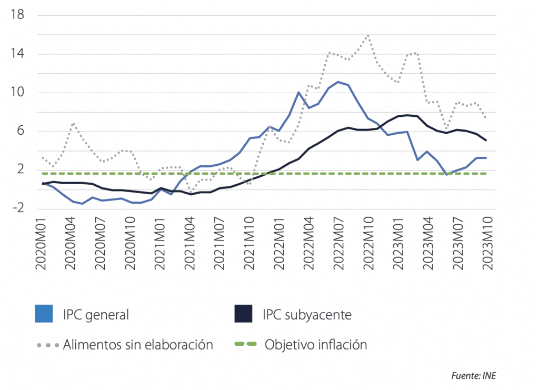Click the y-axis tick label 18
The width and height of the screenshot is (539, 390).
(x=17, y=15)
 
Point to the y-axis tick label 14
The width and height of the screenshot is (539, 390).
(x=17, y=54)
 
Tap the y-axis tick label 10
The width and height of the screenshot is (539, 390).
(x=17, y=93)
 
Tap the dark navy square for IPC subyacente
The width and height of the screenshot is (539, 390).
(x=244, y=314)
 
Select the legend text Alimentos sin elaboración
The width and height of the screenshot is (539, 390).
(x=138, y=345)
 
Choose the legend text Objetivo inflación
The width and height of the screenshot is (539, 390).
(x=316, y=345)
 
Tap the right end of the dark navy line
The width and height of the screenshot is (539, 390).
(x=486, y=141)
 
